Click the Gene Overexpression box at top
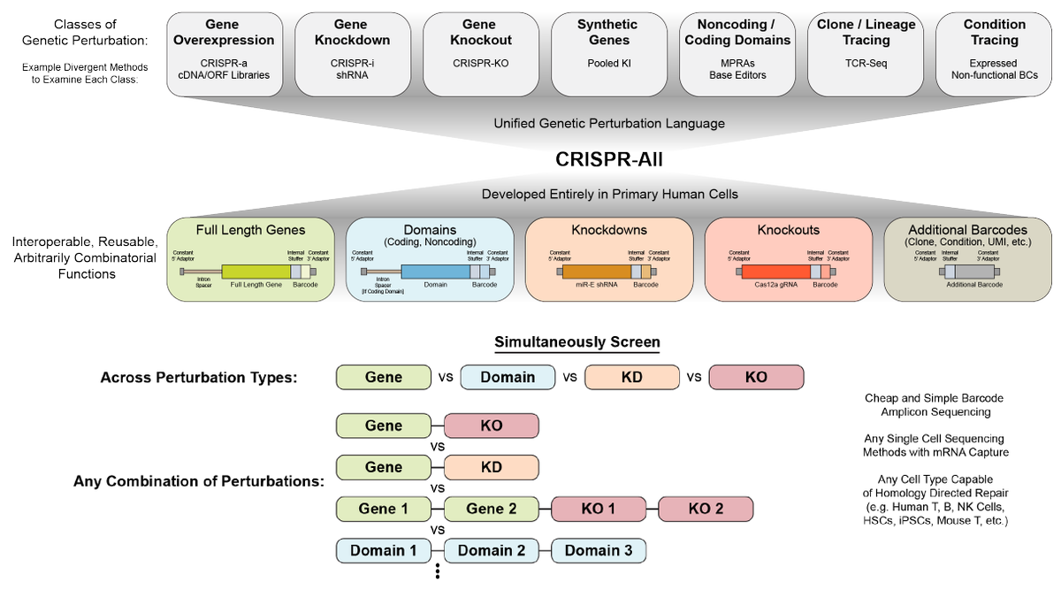click(224, 52)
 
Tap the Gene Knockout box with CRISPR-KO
click(480, 52)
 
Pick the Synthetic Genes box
click(607, 52)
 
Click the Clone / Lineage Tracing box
click(863, 52)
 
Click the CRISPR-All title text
click(609, 159)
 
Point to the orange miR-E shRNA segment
click(593, 272)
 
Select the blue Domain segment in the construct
click(434, 272)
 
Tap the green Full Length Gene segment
click(254, 272)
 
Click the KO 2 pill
click(706, 509)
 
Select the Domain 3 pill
click(599, 550)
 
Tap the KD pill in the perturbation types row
click(631, 377)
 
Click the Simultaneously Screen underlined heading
click(576, 342)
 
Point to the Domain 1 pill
click(383, 550)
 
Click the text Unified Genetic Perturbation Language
click(608, 123)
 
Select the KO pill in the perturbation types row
click(756, 377)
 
